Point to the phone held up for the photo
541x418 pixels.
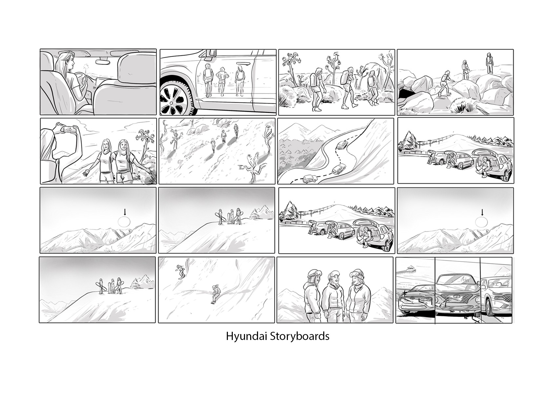pyautogui.click(x=70, y=129)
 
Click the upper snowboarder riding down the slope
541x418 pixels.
pyautogui.click(x=181, y=271)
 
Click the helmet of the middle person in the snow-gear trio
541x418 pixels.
pyautogui.click(x=333, y=276)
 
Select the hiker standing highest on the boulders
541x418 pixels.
pyautogui.click(x=489, y=63)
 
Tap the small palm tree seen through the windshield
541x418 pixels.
pyautogui.click(x=87, y=67)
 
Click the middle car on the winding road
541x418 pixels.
pyautogui.click(x=339, y=169)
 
